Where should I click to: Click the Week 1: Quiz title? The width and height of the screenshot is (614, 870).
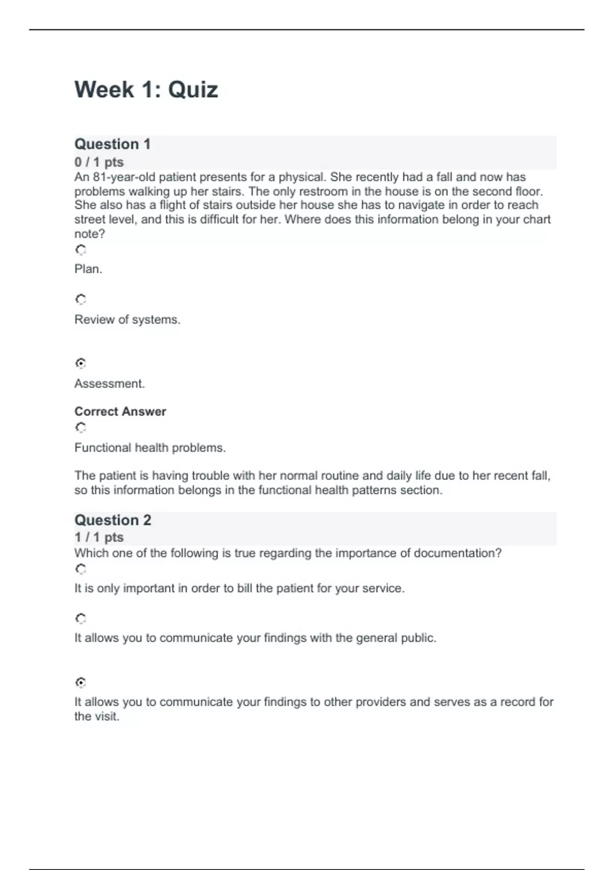146,90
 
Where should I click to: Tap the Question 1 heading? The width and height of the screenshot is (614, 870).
113,144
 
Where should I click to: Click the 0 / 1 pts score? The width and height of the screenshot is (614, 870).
99,162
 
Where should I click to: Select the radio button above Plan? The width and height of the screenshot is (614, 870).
81,250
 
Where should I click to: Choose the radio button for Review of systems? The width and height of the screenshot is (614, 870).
81,299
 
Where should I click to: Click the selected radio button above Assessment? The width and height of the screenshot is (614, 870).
81,363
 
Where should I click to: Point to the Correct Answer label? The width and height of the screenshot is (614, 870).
120,411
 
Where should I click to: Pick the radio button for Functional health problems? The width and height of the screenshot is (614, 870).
81,427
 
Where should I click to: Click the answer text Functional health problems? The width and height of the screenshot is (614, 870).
150,448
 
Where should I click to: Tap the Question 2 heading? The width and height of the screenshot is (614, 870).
113,520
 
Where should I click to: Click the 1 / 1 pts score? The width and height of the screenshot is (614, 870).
99,537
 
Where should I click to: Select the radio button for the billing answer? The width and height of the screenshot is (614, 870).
81,569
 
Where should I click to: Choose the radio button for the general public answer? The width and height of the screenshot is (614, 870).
81,619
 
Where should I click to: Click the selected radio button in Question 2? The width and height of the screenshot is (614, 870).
81,682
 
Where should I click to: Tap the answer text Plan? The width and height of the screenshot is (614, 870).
89,269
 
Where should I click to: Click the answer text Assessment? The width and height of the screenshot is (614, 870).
109,384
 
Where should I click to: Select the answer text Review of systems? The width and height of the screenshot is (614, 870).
127,320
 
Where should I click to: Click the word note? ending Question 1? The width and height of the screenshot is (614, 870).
90,234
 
